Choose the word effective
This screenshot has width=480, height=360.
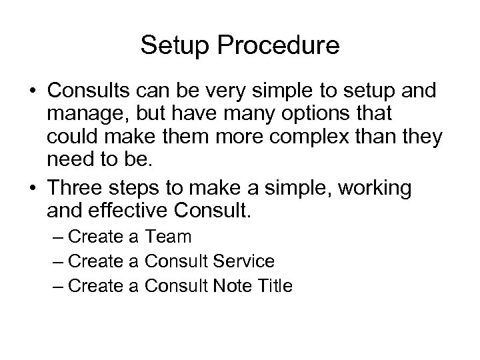coord(134,211)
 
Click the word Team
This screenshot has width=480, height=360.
coord(168,237)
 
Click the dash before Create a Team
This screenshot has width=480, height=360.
coord(56,237)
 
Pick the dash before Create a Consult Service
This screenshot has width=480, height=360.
coord(56,261)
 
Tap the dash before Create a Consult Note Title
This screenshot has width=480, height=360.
coord(56,286)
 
